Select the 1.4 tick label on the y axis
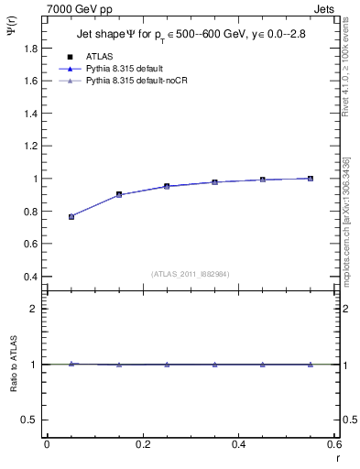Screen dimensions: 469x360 (x=32, y=114)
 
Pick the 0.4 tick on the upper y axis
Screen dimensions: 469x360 (x=32, y=277)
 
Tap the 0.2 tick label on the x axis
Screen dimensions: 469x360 (x=143, y=444)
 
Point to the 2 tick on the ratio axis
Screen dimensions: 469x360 (x=36, y=309)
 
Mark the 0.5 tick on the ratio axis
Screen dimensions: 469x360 (x=32, y=420)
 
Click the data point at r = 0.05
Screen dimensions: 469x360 (x=71, y=217)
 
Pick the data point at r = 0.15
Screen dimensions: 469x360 (x=119, y=194)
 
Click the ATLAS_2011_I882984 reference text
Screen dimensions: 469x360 (x=191, y=273)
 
